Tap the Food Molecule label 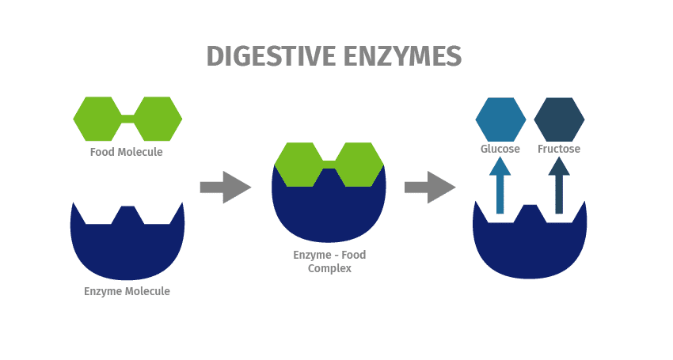tap(126, 152)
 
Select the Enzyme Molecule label tap(127, 291)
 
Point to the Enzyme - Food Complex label tap(329, 262)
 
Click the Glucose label tap(500, 149)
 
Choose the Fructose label tap(559, 149)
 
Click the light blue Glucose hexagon tap(500, 119)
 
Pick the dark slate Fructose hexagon tap(559, 119)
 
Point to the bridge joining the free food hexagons tap(127, 119)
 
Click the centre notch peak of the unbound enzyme tap(127, 214)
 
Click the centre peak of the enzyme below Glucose tap(530, 214)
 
